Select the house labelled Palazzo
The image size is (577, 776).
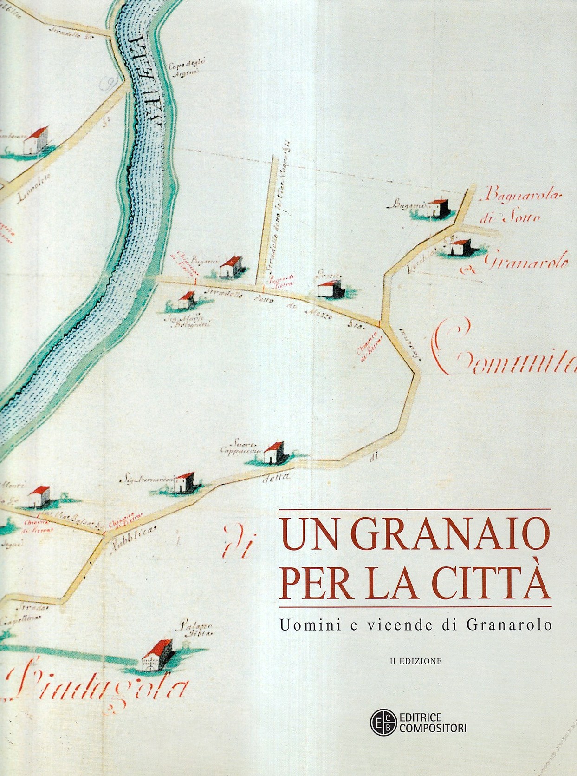click(157, 656)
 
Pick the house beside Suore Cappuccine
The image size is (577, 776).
click(274, 453)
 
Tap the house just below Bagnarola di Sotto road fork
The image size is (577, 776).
click(461, 248)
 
